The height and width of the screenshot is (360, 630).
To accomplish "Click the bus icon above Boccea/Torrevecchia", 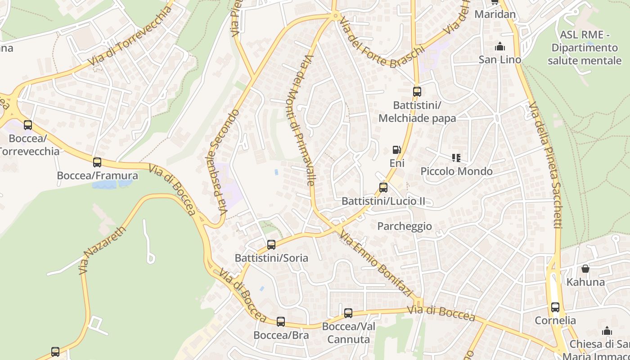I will pyautogui.click(x=28, y=125).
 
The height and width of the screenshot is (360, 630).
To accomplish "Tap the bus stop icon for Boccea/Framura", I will pyautogui.click(x=97, y=162).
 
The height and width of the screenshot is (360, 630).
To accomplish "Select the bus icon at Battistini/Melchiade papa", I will pyautogui.click(x=417, y=92).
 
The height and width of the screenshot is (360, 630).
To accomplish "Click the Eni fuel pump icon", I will pyautogui.click(x=396, y=150).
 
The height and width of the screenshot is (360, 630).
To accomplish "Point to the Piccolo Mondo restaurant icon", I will pyautogui.click(x=456, y=158).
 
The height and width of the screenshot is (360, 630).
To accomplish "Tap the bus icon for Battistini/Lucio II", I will pyautogui.click(x=383, y=188).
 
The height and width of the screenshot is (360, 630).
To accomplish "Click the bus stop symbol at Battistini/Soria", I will pyautogui.click(x=271, y=245).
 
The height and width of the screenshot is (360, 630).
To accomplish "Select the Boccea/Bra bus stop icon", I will pyautogui.click(x=281, y=322).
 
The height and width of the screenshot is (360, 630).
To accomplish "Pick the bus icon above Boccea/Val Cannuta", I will pyautogui.click(x=348, y=313).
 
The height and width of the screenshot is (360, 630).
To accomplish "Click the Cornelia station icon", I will pyautogui.click(x=555, y=307).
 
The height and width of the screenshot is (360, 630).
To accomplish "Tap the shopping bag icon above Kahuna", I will pyautogui.click(x=585, y=269).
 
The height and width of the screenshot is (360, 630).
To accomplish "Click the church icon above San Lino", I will pyautogui.click(x=499, y=46).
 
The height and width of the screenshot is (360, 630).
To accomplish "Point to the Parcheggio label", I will pyautogui.click(x=405, y=226).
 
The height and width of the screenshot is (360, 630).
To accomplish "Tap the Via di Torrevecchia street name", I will pyautogui.click(x=130, y=36).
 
